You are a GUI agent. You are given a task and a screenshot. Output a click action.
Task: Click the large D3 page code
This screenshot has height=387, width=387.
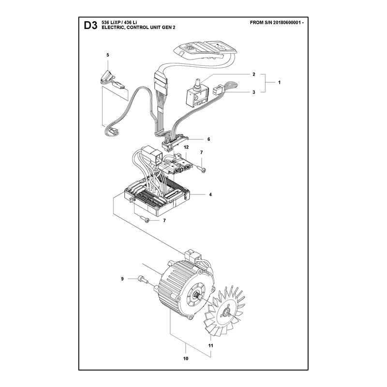coord(90,26)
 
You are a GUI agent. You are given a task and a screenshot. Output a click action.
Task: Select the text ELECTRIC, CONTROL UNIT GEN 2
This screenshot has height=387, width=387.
coord(138,28)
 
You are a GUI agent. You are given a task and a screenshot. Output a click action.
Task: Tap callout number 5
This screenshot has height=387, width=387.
coord(107,55)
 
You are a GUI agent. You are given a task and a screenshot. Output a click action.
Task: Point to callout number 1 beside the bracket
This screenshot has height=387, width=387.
coord(279,82)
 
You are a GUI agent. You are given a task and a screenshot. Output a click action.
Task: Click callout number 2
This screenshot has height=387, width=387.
coord(253,74)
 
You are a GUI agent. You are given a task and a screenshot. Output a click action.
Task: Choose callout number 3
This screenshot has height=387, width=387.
coord(253,92)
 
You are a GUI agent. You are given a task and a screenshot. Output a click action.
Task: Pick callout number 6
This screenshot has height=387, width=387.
coord(208,139)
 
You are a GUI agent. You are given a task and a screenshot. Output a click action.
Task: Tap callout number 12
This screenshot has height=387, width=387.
coord(186,147)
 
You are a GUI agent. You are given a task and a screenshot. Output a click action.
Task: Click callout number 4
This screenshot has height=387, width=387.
coord(210,194)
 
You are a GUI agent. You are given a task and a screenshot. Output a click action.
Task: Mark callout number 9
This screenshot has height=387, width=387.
coord(122,279)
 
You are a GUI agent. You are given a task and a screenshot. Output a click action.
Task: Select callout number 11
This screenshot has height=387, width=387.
coord(210,346)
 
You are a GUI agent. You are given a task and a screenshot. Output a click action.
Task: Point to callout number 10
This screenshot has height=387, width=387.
coord(186,358)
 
